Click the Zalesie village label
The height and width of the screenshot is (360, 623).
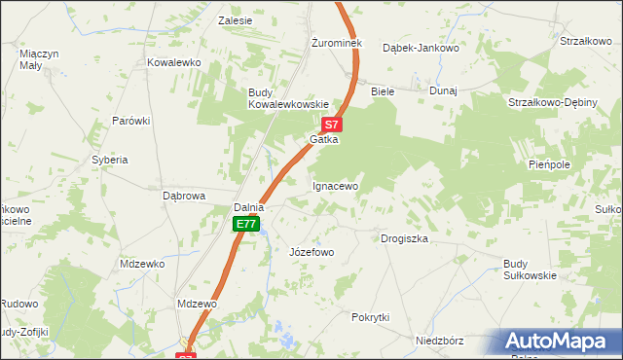[236, 20]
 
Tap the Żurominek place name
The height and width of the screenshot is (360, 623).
[336, 44]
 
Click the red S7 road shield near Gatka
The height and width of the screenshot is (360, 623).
[331, 125]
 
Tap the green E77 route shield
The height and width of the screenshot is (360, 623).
[246, 225]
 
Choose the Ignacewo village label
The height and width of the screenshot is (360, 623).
[335, 185]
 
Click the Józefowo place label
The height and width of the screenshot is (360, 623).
[311, 253]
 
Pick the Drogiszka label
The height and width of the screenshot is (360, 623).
[404, 238]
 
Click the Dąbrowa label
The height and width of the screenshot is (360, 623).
[183, 196]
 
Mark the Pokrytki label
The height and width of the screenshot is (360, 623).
[370, 318]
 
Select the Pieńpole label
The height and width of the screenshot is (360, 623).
[548, 164]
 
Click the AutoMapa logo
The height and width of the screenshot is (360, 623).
[558, 342]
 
